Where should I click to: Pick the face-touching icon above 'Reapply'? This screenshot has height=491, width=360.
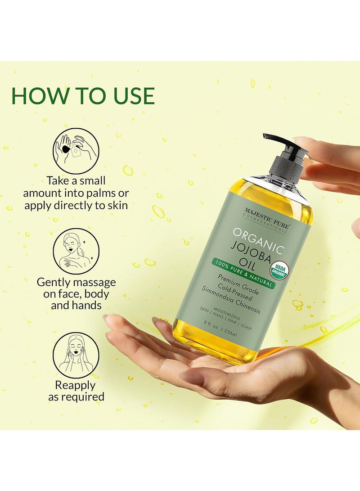[x=76, y=356]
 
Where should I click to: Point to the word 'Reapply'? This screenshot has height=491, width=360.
[x=75, y=385]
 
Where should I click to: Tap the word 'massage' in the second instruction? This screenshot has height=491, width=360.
[x=95, y=282]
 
